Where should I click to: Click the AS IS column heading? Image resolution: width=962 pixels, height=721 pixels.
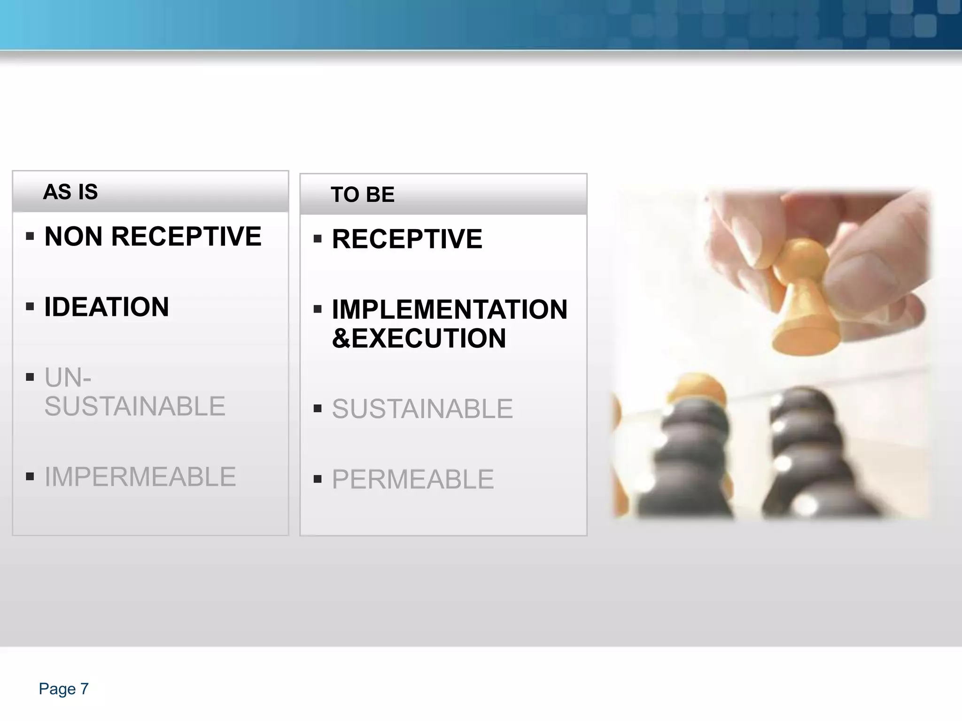(x=70, y=192)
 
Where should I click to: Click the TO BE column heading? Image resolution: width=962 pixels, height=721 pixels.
(x=362, y=195)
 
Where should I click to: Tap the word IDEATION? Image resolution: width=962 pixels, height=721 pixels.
(x=107, y=307)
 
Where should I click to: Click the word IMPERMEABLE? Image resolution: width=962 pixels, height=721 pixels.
(x=140, y=477)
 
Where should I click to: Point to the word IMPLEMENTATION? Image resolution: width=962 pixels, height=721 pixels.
(x=450, y=309)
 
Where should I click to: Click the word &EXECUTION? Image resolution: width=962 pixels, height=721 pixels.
(x=419, y=338)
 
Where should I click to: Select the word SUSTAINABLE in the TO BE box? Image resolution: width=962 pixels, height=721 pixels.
(x=422, y=409)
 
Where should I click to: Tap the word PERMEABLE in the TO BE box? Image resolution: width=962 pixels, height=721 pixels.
(x=412, y=479)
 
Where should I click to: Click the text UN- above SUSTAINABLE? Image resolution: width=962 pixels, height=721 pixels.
(x=68, y=377)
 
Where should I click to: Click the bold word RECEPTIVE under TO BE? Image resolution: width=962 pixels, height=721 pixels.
(x=407, y=239)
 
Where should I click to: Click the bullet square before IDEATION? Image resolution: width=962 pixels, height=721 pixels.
(x=30, y=307)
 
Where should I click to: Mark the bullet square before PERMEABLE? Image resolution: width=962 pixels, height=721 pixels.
(x=318, y=479)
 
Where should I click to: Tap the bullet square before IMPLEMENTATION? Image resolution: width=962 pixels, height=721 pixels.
(x=318, y=309)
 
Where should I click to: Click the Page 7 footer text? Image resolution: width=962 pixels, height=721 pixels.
(x=63, y=689)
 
